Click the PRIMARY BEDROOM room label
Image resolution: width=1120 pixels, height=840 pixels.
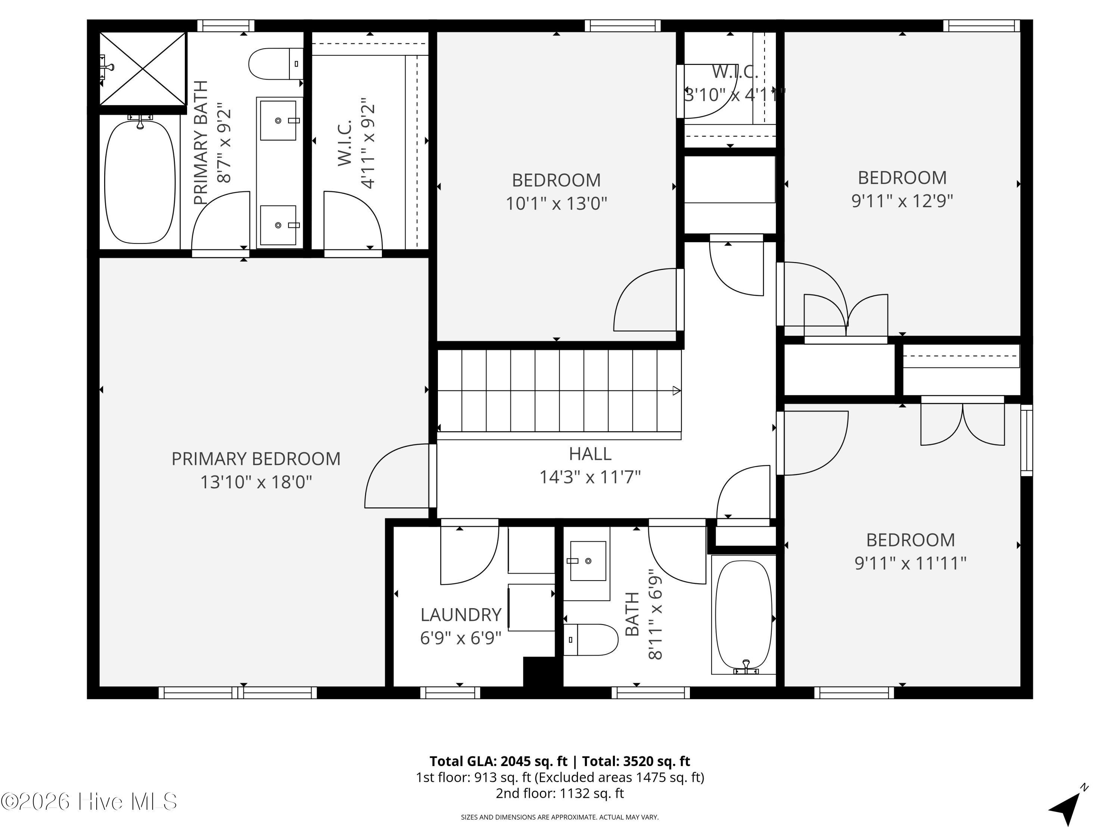click(256, 459)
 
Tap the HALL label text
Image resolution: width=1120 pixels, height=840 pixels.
click(590, 454)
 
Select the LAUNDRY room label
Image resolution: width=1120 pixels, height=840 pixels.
click(461, 615)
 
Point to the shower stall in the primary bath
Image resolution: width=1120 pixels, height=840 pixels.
click(143, 68)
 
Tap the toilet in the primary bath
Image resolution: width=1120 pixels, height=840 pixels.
click(276, 64)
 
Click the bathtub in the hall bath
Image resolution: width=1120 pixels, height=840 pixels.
click(744, 614)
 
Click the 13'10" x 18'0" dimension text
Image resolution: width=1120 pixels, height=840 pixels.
click(256, 482)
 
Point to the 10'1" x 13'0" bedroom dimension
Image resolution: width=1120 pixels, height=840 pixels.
click(557, 203)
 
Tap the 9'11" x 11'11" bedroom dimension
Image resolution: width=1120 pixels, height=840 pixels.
click(911, 563)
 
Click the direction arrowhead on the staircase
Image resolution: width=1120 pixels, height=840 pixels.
click(676, 391)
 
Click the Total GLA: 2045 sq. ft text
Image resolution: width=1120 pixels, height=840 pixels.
click(498, 761)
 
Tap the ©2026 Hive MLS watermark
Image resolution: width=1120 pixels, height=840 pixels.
click(89, 802)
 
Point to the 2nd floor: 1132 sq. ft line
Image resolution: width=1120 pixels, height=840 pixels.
click(560, 793)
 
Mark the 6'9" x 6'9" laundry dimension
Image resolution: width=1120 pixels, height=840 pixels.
click(461, 638)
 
